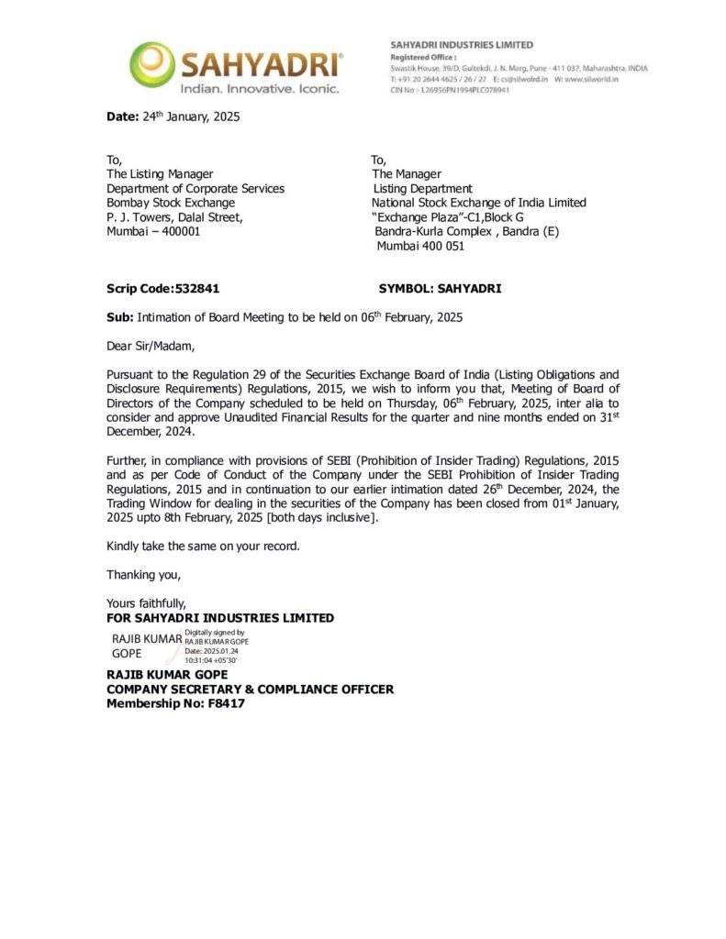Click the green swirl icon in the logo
pos(150,64)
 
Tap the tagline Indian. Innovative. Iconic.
pos(259,89)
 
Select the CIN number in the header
pos(450,90)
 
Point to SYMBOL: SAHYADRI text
pos(440,288)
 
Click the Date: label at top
pos(122,116)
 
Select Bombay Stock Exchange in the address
pos(171,203)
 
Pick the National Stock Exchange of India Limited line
pos(478,203)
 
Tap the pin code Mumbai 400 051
pos(420,246)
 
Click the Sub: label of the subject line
pos(120,317)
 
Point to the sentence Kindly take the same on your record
pos(203,546)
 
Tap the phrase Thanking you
pos(144,575)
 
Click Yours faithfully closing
pos(147,603)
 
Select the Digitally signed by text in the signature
pos(215,633)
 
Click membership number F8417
pos(226,703)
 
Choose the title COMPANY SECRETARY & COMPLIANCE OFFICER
pos(250,689)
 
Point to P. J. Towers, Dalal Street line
pos(174,217)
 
